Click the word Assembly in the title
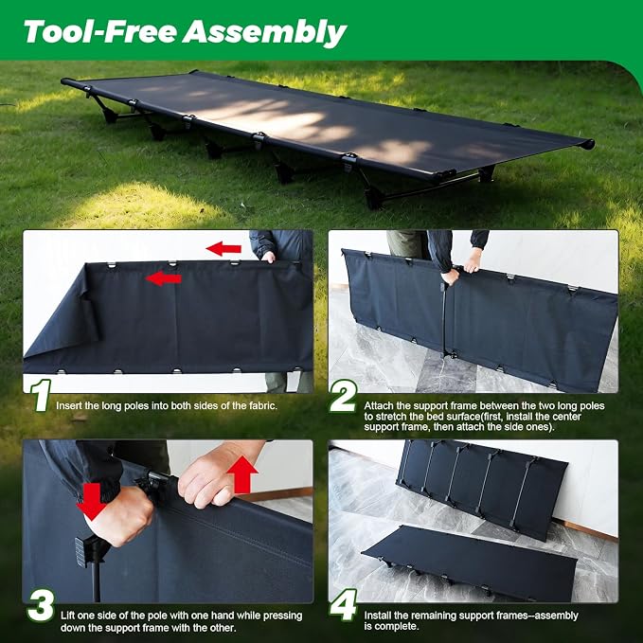[264, 32]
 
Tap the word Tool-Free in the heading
[100, 31]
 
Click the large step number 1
[41, 395]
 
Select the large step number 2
[343, 396]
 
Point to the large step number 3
[41, 605]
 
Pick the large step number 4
[343, 605]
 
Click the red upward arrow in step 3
[242, 474]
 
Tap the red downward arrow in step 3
[93, 501]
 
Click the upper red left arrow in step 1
[223, 248]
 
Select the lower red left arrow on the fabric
[164, 278]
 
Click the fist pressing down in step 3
[119, 515]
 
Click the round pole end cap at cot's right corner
[588, 144]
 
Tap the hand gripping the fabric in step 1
[269, 258]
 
